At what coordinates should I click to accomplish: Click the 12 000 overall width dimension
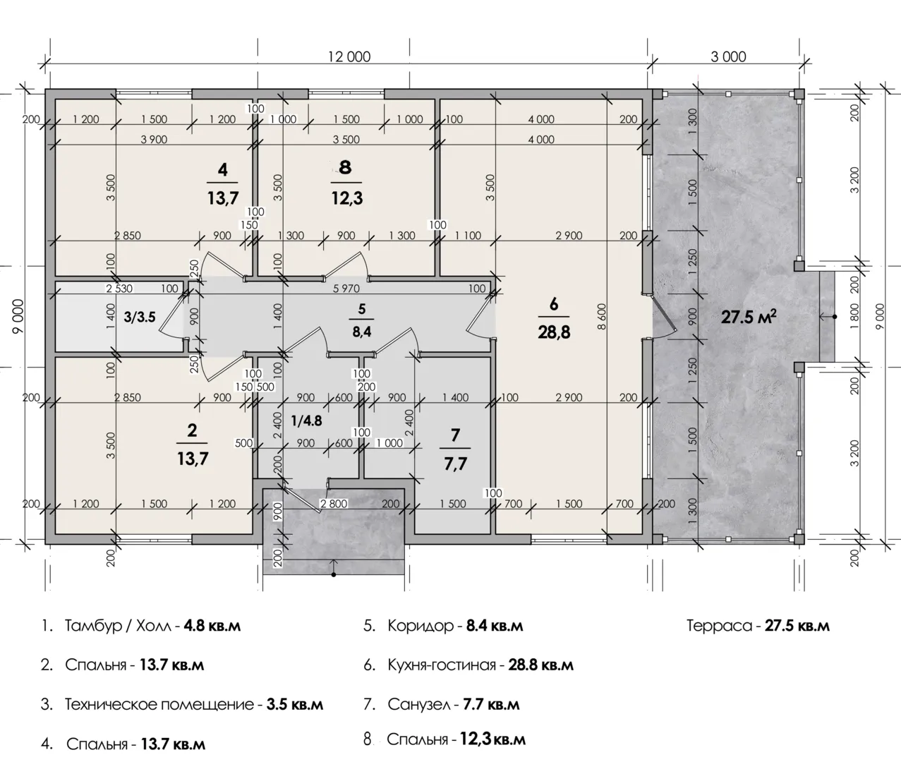(349, 56)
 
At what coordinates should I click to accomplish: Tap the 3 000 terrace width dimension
(728, 56)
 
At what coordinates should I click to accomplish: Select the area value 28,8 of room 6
(554, 332)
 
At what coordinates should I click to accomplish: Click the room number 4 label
(223, 169)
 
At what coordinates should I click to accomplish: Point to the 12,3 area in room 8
(347, 198)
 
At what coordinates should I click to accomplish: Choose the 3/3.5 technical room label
(140, 317)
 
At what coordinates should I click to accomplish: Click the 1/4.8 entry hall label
(306, 421)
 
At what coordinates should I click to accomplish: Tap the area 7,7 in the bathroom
(456, 464)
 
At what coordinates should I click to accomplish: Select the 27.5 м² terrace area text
(749, 317)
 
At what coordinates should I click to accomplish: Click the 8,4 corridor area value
(362, 332)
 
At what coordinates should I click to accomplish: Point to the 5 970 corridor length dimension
(346, 288)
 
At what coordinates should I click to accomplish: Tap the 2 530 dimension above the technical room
(119, 288)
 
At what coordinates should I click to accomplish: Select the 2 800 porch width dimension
(334, 504)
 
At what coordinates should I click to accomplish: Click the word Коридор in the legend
(421, 626)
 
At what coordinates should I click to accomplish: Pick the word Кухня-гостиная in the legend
(442, 665)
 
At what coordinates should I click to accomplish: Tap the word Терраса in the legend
(719, 626)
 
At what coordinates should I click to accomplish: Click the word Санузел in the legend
(419, 704)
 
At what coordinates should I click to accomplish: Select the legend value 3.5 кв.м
(295, 704)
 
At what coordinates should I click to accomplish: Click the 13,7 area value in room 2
(193, 459)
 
